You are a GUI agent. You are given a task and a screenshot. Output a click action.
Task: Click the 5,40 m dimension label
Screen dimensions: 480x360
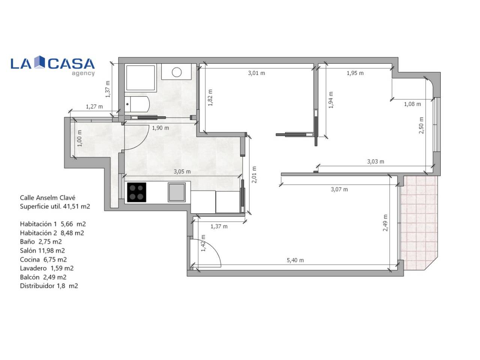click(x=295, y=260)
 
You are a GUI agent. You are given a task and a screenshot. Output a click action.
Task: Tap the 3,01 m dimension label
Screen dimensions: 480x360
click(x=256, y=73)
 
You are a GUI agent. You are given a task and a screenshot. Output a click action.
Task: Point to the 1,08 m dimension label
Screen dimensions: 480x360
click(x=412, y=104)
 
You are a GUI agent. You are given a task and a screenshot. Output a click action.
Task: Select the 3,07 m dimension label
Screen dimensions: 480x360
click(x=339, y=189)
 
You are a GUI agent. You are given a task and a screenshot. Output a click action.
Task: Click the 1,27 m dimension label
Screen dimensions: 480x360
click(x=94, y=106)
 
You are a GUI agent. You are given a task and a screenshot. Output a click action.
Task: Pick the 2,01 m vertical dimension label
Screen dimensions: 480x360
click(x=254, y=175)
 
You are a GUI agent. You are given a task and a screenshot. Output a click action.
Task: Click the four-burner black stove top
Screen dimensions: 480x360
click(x=136, y=192)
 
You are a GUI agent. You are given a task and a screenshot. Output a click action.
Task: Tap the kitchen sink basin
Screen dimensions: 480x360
click(x=177, y=192)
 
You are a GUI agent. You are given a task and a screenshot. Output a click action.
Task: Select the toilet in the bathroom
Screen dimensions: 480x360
click(x=137, y=104)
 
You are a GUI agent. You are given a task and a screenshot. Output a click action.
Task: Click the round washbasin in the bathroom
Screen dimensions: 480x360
click(x=177, y=72)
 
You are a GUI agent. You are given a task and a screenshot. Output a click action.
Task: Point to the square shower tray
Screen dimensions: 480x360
click(x=140, y=78)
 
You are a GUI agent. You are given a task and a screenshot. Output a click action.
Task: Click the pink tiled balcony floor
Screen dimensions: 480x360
click(x=418, y=222)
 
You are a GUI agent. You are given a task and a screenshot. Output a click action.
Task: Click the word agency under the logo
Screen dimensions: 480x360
click(x=83, y=73)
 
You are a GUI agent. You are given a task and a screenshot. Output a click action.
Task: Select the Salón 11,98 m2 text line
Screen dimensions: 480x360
click(x=42, y=250)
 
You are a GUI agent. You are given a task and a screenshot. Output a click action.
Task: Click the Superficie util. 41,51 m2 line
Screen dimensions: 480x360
click(x=55, y=206)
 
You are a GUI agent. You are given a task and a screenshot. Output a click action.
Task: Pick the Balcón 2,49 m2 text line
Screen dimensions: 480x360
click(x=43, y=277)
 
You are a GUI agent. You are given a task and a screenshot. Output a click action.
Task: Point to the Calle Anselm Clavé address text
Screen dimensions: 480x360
click(x=48, y=198)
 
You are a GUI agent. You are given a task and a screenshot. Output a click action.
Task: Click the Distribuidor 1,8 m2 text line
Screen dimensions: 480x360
click(x=49, y=286)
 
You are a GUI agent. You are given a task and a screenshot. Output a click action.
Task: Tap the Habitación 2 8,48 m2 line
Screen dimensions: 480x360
click(x=52, y=233)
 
